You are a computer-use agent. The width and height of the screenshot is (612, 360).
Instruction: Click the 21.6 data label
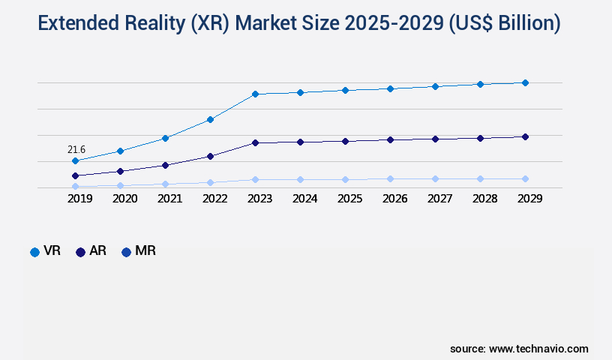tap(76, 150)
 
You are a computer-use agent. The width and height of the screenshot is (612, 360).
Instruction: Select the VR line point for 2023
tap(255, 94)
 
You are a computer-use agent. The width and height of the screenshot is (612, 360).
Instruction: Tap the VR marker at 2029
tap(525, 82)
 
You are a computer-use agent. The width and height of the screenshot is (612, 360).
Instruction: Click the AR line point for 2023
tap(255, 142)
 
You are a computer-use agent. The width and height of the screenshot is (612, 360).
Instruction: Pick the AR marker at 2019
tap(75, 175)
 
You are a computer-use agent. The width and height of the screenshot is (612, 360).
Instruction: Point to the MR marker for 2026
tap(390, 178)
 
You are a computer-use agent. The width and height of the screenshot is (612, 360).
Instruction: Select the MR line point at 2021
tap(165, 184)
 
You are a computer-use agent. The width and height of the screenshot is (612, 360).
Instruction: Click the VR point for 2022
tap(210, 119)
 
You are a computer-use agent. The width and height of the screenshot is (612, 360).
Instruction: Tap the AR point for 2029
tap(525, 136)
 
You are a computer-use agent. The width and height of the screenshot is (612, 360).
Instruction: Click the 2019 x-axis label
tap(79, 199)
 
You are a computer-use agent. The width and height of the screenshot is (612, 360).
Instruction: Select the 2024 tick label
tap(304, 199)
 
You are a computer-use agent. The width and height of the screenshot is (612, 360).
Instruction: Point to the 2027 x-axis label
tap(439, 199)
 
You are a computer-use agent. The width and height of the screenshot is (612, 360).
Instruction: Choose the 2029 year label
tap(529, 199)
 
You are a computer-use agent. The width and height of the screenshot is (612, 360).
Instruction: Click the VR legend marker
tap(34, 252)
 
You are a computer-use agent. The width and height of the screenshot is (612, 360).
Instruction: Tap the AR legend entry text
tap(97, 251)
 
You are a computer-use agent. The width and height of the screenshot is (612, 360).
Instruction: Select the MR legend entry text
tap(145, 251)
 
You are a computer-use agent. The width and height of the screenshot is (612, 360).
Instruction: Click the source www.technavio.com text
tap(519, 349)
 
